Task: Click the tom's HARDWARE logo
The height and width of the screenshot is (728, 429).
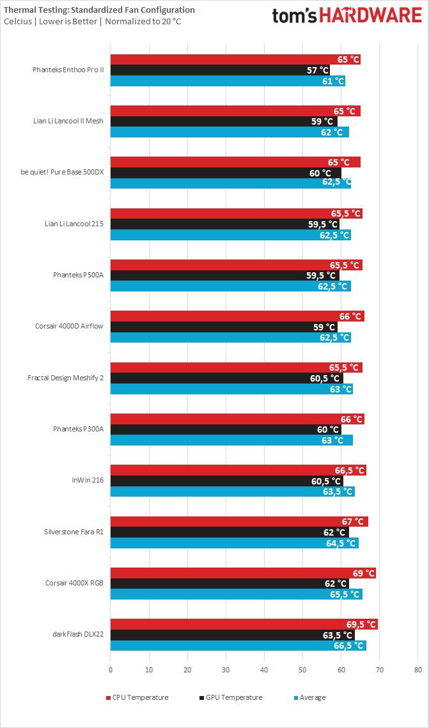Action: tap(347, 16)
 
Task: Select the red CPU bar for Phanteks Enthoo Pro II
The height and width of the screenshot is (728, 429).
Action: tap(235, 59)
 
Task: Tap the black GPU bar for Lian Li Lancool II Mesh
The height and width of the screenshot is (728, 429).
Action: tap(224, 121)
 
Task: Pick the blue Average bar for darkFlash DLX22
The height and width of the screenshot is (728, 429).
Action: tap(238, 646)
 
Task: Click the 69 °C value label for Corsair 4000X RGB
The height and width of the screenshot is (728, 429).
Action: tap(361, 573)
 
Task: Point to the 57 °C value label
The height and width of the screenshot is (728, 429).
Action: tap(318, 70)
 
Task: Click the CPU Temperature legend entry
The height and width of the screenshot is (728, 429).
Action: tap(137, 697)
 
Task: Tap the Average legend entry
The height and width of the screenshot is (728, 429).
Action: tap(309, 697)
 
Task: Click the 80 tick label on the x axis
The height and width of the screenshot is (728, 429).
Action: tap(418, 670)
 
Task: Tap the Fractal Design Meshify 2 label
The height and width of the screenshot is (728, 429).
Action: tap(65, 378)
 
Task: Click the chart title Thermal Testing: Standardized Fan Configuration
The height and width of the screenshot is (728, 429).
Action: tap(99, 10)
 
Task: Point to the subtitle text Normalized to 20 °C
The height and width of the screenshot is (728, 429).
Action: tap(143, 22)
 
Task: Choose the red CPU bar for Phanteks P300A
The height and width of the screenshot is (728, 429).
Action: tap(237, 419)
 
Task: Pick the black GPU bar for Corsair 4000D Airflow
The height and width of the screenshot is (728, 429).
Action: tap(224, 327)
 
